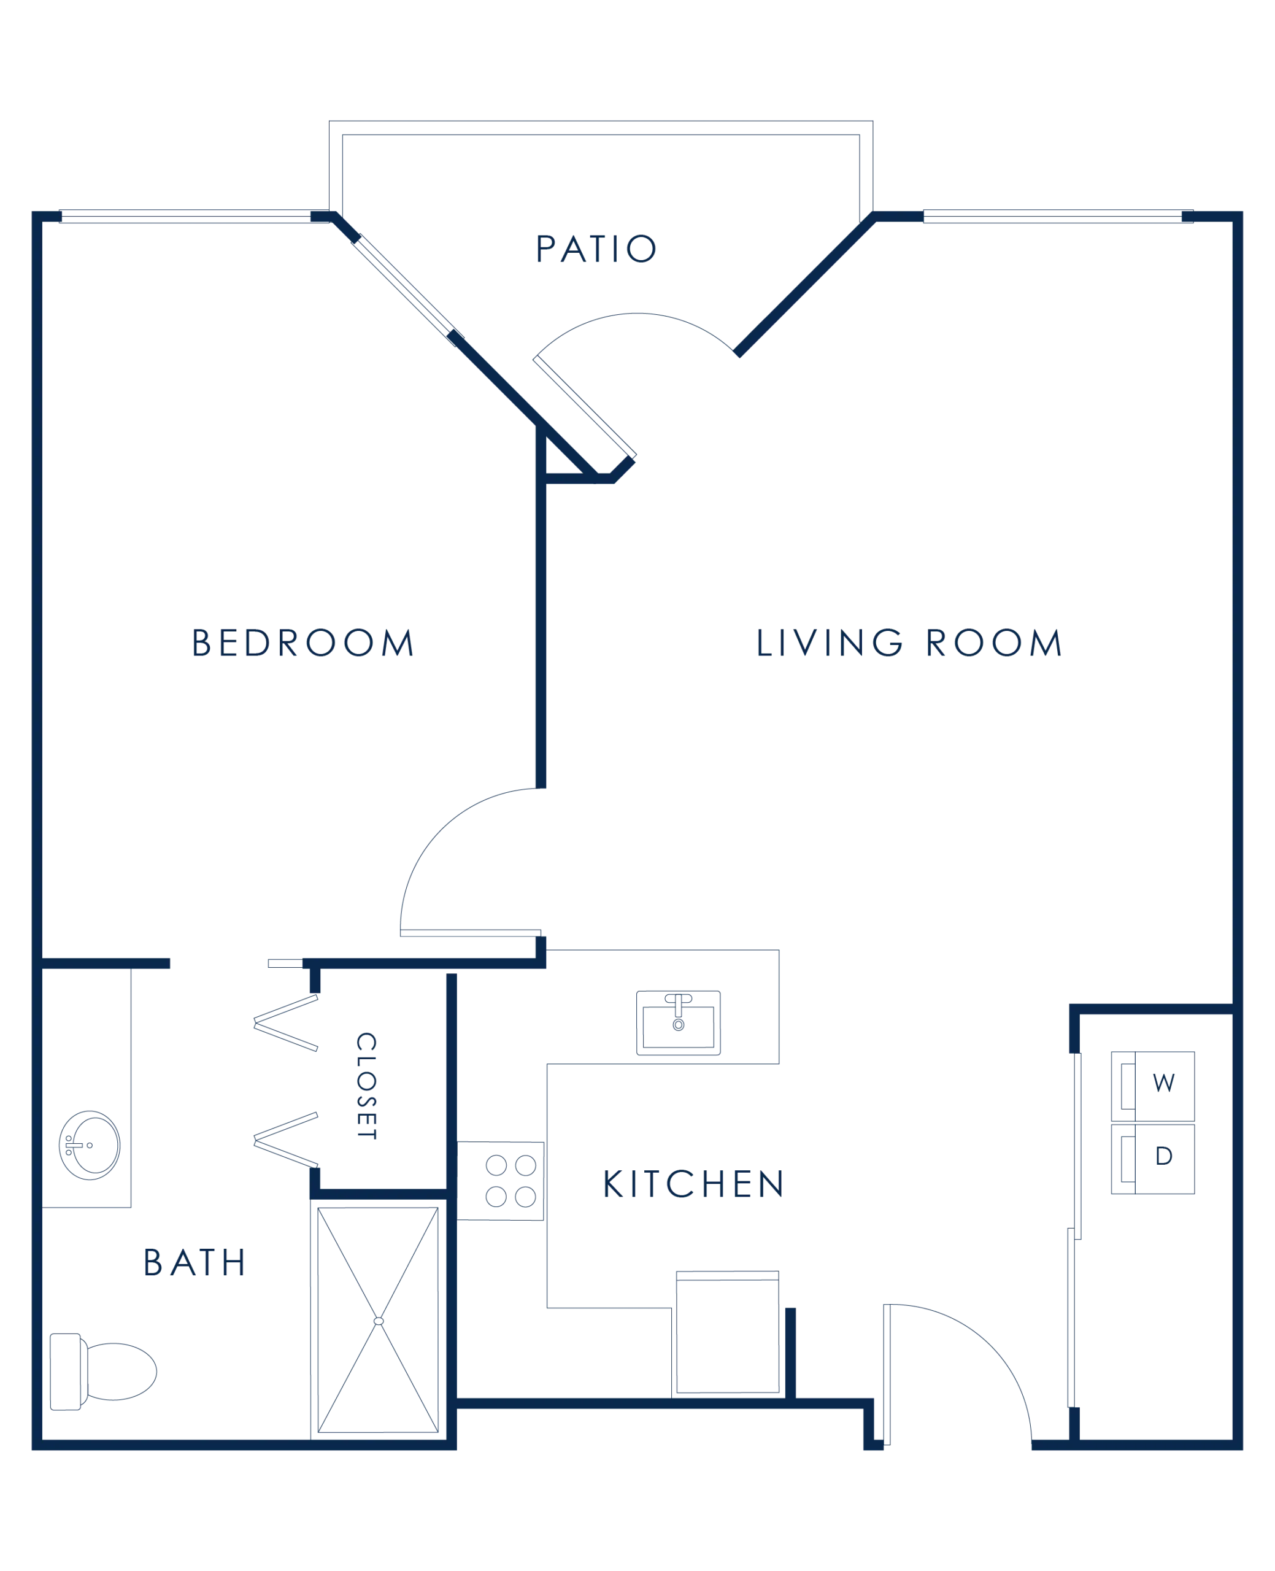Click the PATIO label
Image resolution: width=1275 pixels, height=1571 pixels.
click(x=596, y=249)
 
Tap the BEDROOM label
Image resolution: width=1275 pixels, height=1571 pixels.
click(x=303, y=643)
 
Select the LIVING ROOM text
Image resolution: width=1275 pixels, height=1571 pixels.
click(x=909, y=643)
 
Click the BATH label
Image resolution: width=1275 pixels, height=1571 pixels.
click(x=194, y=1262)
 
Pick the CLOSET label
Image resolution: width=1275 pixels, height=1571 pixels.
click(x=366, y=1086)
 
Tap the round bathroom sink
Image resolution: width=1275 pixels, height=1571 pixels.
click(x=88, y=1146)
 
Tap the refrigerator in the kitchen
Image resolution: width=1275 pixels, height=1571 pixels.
click(x=726, y=1331)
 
